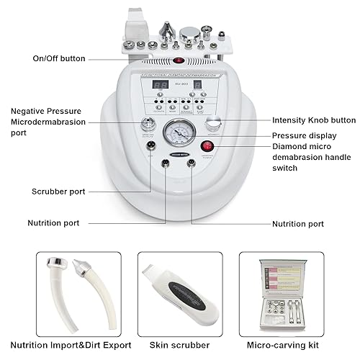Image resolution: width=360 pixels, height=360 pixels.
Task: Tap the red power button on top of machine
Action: coord(177,60)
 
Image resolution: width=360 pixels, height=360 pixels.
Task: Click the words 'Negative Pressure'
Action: coord(42,111)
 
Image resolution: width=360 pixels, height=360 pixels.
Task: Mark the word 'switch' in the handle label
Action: coord(287,168)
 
